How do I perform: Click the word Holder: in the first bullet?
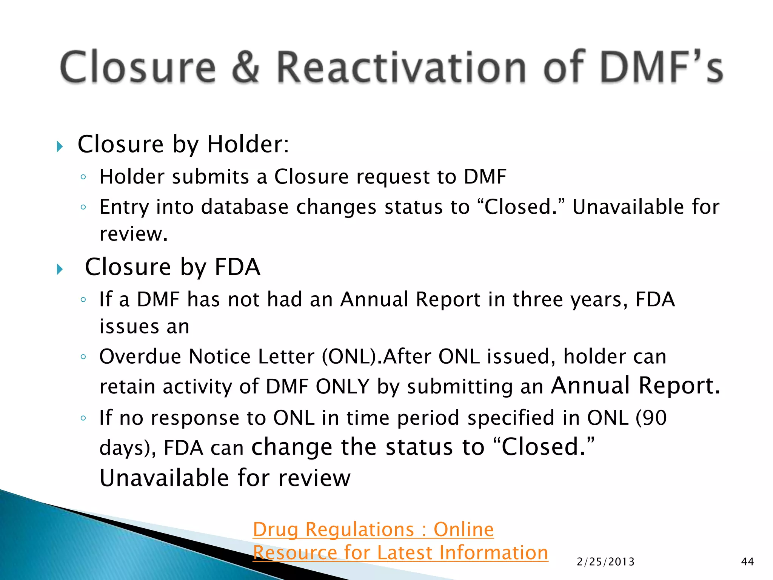point(248,144)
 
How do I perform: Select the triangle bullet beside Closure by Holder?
point(60,146)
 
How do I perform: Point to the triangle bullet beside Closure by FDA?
point(60,269)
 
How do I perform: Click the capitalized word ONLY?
point(342,387)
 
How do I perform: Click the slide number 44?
point(747,562)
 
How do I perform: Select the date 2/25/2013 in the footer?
point(605,562)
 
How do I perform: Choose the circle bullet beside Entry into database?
point(83,207)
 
